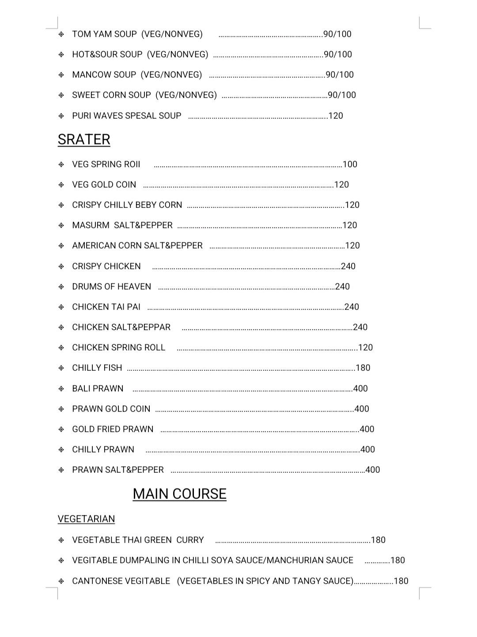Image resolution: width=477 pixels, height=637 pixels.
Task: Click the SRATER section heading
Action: (x=84, y=139)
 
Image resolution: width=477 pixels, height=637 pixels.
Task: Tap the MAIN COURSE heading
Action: (x=179, y=494)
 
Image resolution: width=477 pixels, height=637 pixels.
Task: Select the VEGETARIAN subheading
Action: (x=86, y=519)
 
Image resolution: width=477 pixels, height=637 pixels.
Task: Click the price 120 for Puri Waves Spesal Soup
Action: (x=336, y=116)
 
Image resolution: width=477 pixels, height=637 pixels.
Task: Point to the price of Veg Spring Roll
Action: (x=350, y=164)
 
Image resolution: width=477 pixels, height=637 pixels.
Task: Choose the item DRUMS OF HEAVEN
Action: (x=111, y=286)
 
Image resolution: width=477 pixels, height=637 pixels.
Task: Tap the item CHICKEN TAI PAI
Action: (x=106, y=307)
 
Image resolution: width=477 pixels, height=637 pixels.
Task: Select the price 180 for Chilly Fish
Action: (x=363, y=368)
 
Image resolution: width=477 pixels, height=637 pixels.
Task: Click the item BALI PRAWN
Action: (x=98, y=388)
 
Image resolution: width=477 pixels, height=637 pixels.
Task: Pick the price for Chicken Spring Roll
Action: (x=366, y=347)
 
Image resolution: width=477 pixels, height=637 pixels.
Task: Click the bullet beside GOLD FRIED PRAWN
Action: (x=61, y=430)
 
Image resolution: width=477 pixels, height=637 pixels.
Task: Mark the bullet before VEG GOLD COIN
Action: (x=61, y=185)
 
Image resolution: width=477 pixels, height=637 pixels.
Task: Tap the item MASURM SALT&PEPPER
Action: (x=122, y=225)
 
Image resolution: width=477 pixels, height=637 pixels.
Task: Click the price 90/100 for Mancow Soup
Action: (x=340, y=75)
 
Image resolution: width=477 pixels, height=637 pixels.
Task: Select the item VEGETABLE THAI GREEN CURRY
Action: (x=138, y=540)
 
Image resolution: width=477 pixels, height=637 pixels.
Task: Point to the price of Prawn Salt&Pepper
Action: (x=373, y=470)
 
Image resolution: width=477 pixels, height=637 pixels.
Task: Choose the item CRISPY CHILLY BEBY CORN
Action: (x=127, y=205)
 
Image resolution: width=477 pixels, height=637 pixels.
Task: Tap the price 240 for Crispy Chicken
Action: (x=348, y=266)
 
